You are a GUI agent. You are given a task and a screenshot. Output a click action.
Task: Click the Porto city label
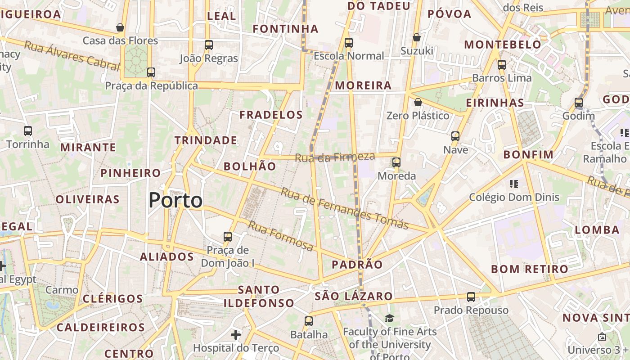tap(175, 200)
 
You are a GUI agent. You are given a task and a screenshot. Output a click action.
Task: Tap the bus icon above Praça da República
tap(151, 72)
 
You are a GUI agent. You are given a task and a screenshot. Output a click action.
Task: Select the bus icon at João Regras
tap(208, 45)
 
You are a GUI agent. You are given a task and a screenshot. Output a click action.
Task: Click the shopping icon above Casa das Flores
tap(120, 27)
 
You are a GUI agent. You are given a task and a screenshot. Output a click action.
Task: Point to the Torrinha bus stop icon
tap(28, 131)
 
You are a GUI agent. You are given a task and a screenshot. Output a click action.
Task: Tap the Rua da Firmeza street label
tap(335, 157)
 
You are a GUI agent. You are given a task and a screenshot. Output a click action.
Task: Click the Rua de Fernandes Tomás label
tap(345, 208)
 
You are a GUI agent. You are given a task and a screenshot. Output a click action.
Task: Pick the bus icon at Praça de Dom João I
tap(228, 236)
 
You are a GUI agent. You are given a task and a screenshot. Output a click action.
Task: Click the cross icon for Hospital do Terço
tap(235, 334)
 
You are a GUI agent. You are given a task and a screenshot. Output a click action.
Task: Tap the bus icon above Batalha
tap(308, 321)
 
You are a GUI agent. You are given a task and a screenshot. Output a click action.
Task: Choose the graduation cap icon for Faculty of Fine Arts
tap(389, 318)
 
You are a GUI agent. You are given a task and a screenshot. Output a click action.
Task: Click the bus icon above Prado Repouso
tap(471, 297)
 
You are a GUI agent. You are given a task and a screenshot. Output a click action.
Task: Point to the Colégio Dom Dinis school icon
tap(514, 184)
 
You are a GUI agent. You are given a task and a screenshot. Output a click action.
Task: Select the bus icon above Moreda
tap(396, 162)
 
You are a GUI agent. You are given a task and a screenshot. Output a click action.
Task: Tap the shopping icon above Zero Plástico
tap(418, 102)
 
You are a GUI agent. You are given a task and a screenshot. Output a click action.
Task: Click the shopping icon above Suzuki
tap(417, 37)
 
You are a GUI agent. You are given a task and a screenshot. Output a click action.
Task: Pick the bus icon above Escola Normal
tap(349, 42)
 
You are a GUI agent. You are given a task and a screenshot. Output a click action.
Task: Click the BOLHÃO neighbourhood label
tap(250, 166)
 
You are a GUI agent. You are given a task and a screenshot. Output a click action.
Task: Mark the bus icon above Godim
tap(579, 102)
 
